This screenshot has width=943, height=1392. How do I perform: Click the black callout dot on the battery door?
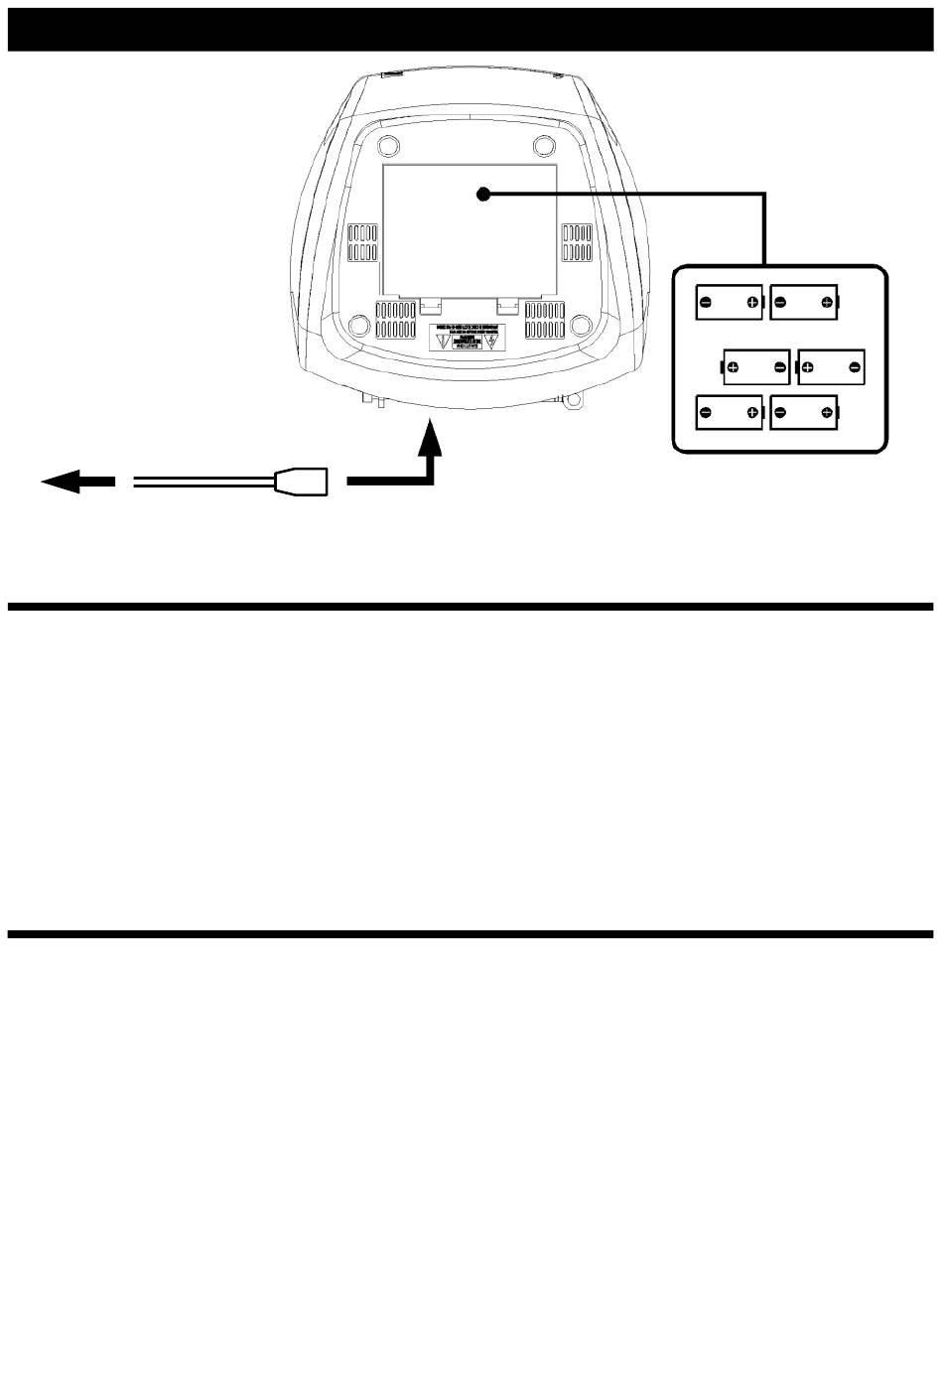[483, 196]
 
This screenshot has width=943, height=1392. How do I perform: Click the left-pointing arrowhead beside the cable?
[62, 482]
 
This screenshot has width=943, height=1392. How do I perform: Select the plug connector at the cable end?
[301, 482]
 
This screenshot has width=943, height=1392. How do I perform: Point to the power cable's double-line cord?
[203, 482]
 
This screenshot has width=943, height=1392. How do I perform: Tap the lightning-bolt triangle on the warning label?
[489, 340]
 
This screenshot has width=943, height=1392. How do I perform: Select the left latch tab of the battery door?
[430, 304]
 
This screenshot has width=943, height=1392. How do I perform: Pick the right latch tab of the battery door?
[508, 304]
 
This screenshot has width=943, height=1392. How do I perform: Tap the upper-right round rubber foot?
[543, 146]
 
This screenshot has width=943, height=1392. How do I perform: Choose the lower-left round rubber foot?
[359, 325]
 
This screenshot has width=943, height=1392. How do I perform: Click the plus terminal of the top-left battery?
[752, 303]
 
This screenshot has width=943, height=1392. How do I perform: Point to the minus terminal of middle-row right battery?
[855, 368]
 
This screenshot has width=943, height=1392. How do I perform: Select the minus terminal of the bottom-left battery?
[704, 413]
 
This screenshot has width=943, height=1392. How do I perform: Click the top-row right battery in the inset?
[804, 303]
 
